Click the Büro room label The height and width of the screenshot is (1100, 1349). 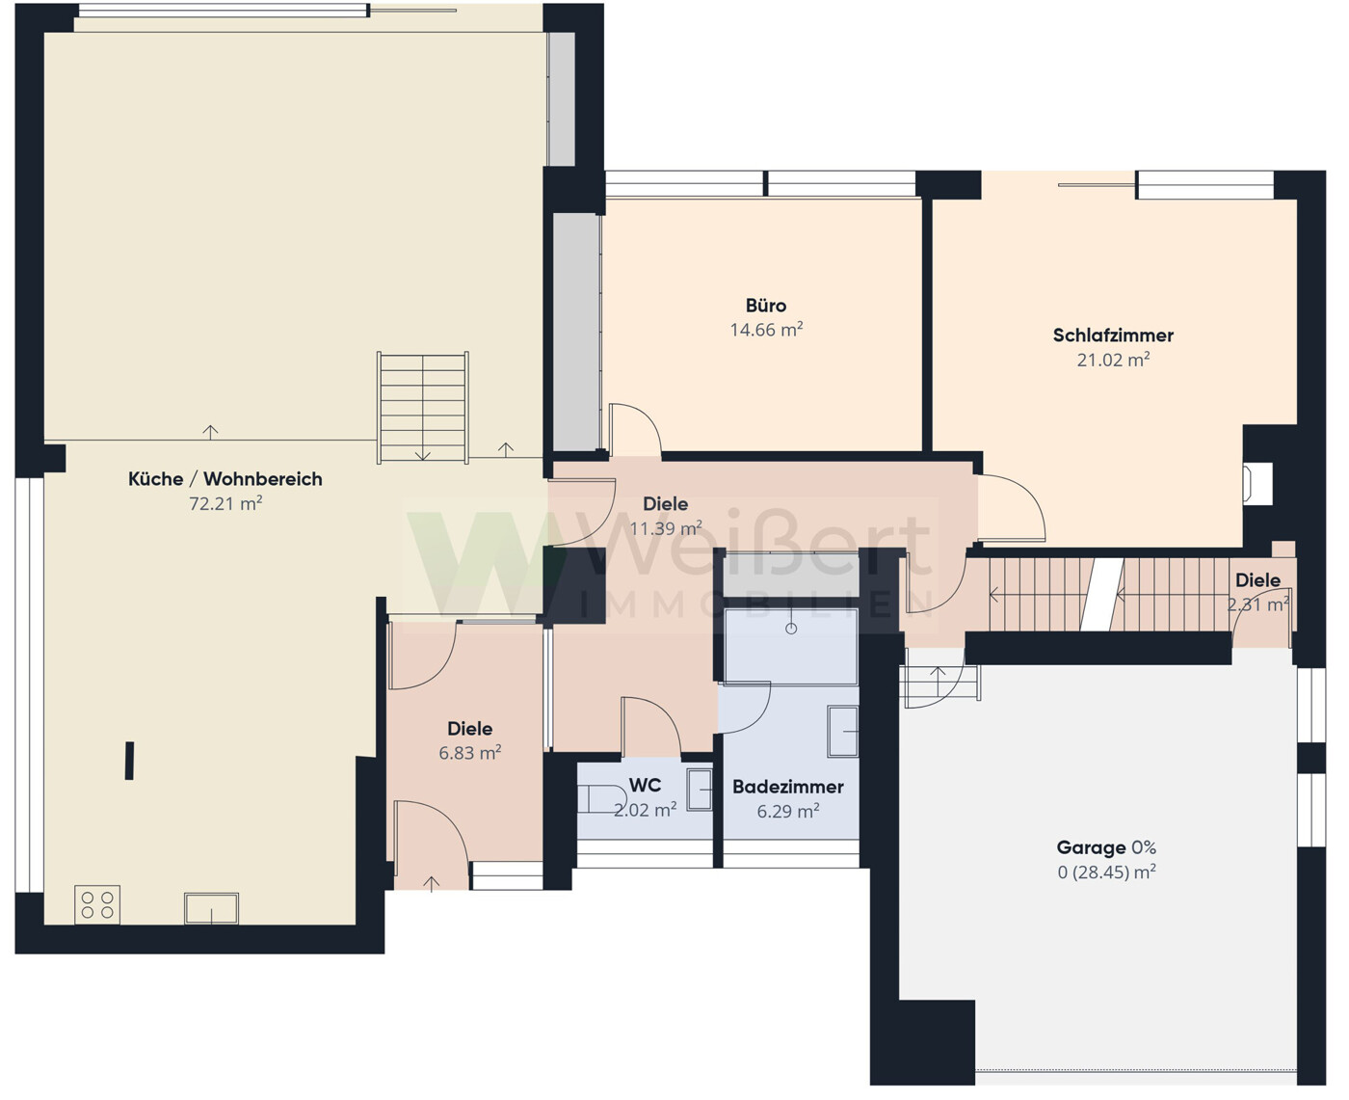(766, 306)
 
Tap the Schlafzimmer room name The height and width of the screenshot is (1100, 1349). (1113, 335)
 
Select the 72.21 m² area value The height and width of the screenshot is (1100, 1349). (225, 503)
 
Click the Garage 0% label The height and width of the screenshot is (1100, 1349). (1106, 847)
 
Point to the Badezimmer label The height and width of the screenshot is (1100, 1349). (788, 787)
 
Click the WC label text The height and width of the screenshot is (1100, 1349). (645, 785)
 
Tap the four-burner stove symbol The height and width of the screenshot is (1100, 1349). (97, 904)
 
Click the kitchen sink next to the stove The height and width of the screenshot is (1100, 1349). (212, 909)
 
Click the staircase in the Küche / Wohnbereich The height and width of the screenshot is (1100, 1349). (422, 408)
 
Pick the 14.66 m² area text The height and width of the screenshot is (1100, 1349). (766, 330)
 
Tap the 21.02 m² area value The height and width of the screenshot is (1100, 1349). (1113, 360)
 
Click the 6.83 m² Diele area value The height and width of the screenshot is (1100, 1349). (470, 753)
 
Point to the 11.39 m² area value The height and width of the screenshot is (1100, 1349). (666, 527)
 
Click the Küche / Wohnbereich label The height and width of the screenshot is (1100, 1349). (225, 479)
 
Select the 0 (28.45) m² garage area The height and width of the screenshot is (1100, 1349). (1106, 872)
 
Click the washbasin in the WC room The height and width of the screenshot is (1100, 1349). (700, 790)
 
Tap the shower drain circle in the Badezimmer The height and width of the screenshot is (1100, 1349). (791, 629)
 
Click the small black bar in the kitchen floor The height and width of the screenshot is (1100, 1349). (130, 761)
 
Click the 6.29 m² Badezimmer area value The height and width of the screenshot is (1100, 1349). (788, 811)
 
